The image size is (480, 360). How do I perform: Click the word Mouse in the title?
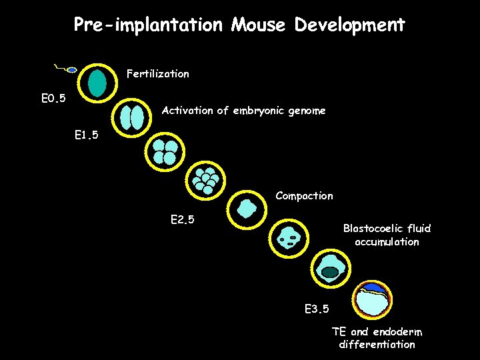[259, 25]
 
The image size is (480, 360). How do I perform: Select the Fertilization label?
[158, 74]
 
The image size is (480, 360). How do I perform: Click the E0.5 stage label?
[53, 99]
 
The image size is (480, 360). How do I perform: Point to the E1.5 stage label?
[86, 135]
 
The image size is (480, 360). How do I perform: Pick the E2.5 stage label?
[182, 219]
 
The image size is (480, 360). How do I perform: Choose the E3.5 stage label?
[316, 309]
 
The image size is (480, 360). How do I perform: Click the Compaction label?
[304, 196]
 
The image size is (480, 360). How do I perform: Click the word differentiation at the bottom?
[377, 345]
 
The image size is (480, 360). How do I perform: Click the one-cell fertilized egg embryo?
[98, 83]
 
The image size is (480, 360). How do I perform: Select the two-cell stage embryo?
[132, 117]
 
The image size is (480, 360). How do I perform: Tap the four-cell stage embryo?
[165, 152]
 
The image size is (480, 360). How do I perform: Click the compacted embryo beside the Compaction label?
[247, 208]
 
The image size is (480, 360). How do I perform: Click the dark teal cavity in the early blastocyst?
[330, 271]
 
